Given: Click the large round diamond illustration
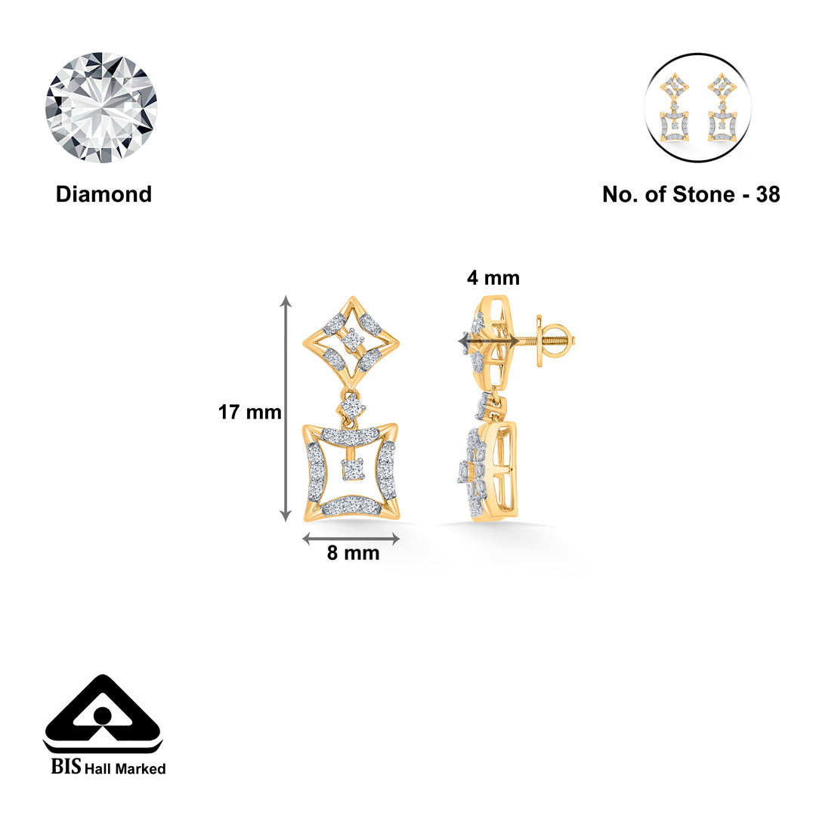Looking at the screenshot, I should pyautogui.click(x=101, y=107).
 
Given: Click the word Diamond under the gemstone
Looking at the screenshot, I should pyautogui.click(x=104, y=194).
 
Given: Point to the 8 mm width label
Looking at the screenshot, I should pyautogui.click(x=353, y=553).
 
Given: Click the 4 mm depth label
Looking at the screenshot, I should pyautogui.click(x=493, y=278).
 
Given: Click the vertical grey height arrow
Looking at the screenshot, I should pyautogui.click(x=286, y=408).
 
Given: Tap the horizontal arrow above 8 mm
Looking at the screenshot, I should pyautogui.click(x=351, y=539).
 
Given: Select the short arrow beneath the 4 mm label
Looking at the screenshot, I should pyautogui.click(x=488, y=342).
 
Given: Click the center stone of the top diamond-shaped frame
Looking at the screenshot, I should pyautogui.click(x=351, y=342).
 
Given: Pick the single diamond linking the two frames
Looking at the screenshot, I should pyautogui.click(x=351, y=406).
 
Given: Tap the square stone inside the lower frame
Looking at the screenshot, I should pyautogui.click(x=351, y=470).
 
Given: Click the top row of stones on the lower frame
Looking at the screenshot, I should pyautogui.click(x=350, y=436).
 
